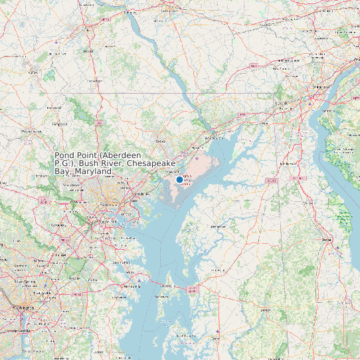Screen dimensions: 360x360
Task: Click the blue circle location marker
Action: pyautogui.click(x=179, y=179)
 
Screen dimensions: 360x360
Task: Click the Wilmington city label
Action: pyautogui.click(x=322, y=87)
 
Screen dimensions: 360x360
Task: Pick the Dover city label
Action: pyautogui.click(x=326, y=239)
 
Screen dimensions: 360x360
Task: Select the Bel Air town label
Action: pyautogui.click(x=160, y=141)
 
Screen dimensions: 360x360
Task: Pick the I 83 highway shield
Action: pyautogui.click(x=98, y=123)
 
